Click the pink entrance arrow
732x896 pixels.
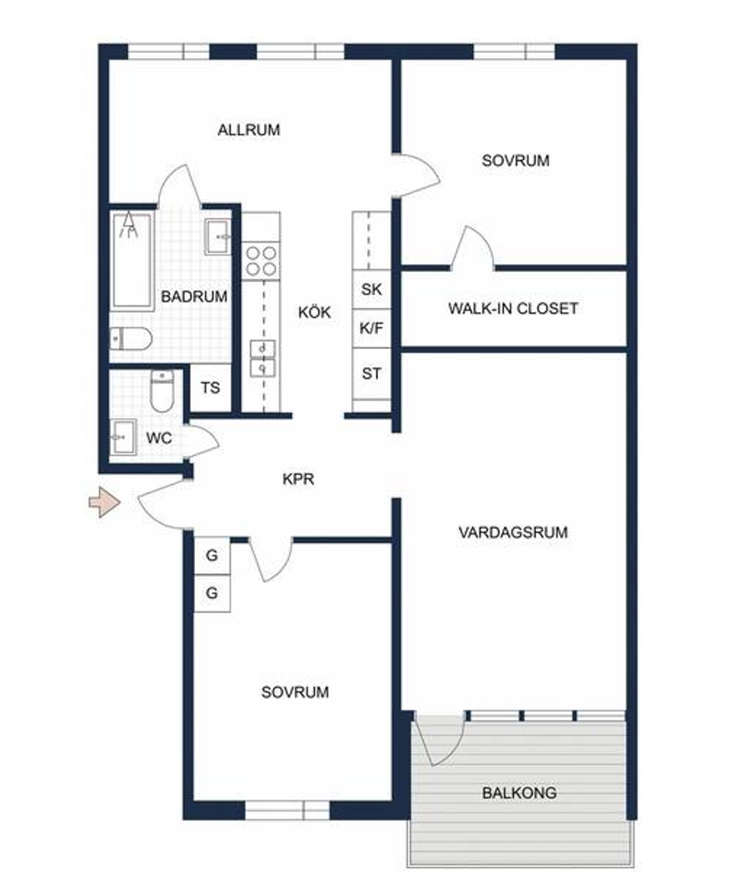105,502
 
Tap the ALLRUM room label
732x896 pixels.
248,129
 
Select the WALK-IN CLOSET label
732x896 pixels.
513,309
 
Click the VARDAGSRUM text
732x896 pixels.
513,532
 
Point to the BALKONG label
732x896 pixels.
519,793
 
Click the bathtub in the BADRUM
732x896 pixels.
132,260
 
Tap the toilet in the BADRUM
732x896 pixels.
131,339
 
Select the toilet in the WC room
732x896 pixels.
162,391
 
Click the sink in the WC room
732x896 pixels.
123,437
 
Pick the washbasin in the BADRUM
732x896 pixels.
218,237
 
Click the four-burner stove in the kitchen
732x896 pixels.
261,261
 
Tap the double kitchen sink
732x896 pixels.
262,358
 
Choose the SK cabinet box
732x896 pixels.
371,289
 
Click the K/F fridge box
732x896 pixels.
371,328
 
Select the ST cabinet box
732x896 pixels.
371,373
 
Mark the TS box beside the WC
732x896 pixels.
211,388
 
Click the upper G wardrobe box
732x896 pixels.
211,554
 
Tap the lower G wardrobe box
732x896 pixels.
211,593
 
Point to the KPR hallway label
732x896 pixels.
298,479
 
